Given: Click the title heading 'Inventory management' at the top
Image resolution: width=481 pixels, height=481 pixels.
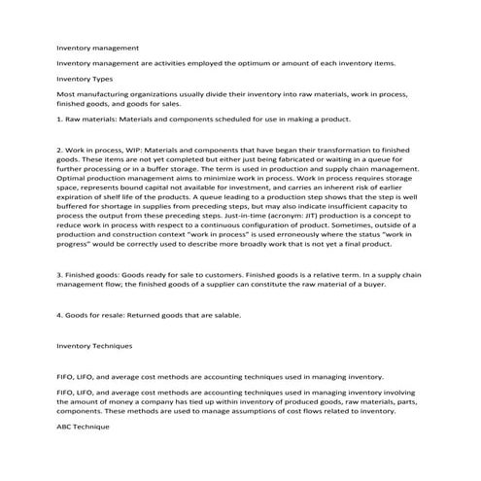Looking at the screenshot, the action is pos(97,47).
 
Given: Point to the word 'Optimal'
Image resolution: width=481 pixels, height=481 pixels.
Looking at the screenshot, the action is pos(72,177).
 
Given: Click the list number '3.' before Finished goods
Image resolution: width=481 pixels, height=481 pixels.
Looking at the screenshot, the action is pos(60,275).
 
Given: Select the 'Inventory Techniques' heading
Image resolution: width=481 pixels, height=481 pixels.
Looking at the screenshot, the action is pos(95,345).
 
